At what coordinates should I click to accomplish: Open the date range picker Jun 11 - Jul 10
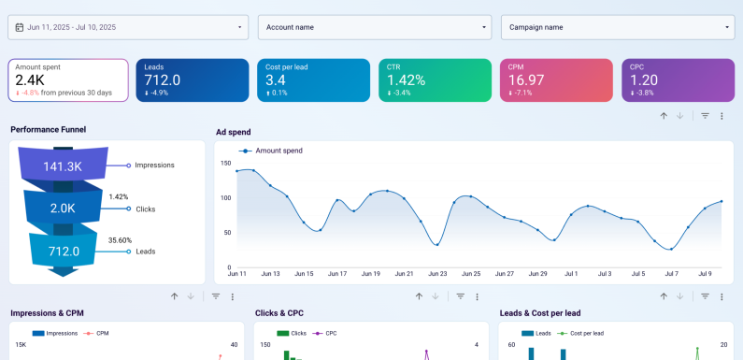128,27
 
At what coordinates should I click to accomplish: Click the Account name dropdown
374,27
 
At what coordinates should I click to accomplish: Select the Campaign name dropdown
617,27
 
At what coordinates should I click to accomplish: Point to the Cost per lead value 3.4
276,80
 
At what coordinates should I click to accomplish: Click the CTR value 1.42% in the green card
407,80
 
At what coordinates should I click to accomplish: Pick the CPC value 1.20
645,80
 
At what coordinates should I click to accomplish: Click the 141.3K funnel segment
64,166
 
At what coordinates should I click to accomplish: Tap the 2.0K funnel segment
64,208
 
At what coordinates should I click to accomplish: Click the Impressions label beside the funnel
154,165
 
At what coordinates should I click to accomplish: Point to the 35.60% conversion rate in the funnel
119,240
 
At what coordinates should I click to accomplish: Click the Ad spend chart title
233,132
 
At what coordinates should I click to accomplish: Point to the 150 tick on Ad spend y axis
225,163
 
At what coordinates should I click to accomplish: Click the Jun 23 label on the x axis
437,274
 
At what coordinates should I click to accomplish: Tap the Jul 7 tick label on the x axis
671,274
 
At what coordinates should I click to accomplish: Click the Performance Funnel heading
48,129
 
